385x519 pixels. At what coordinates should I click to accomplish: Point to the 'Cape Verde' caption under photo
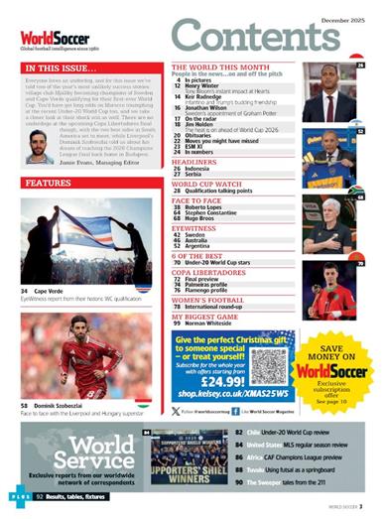point(51,290)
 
